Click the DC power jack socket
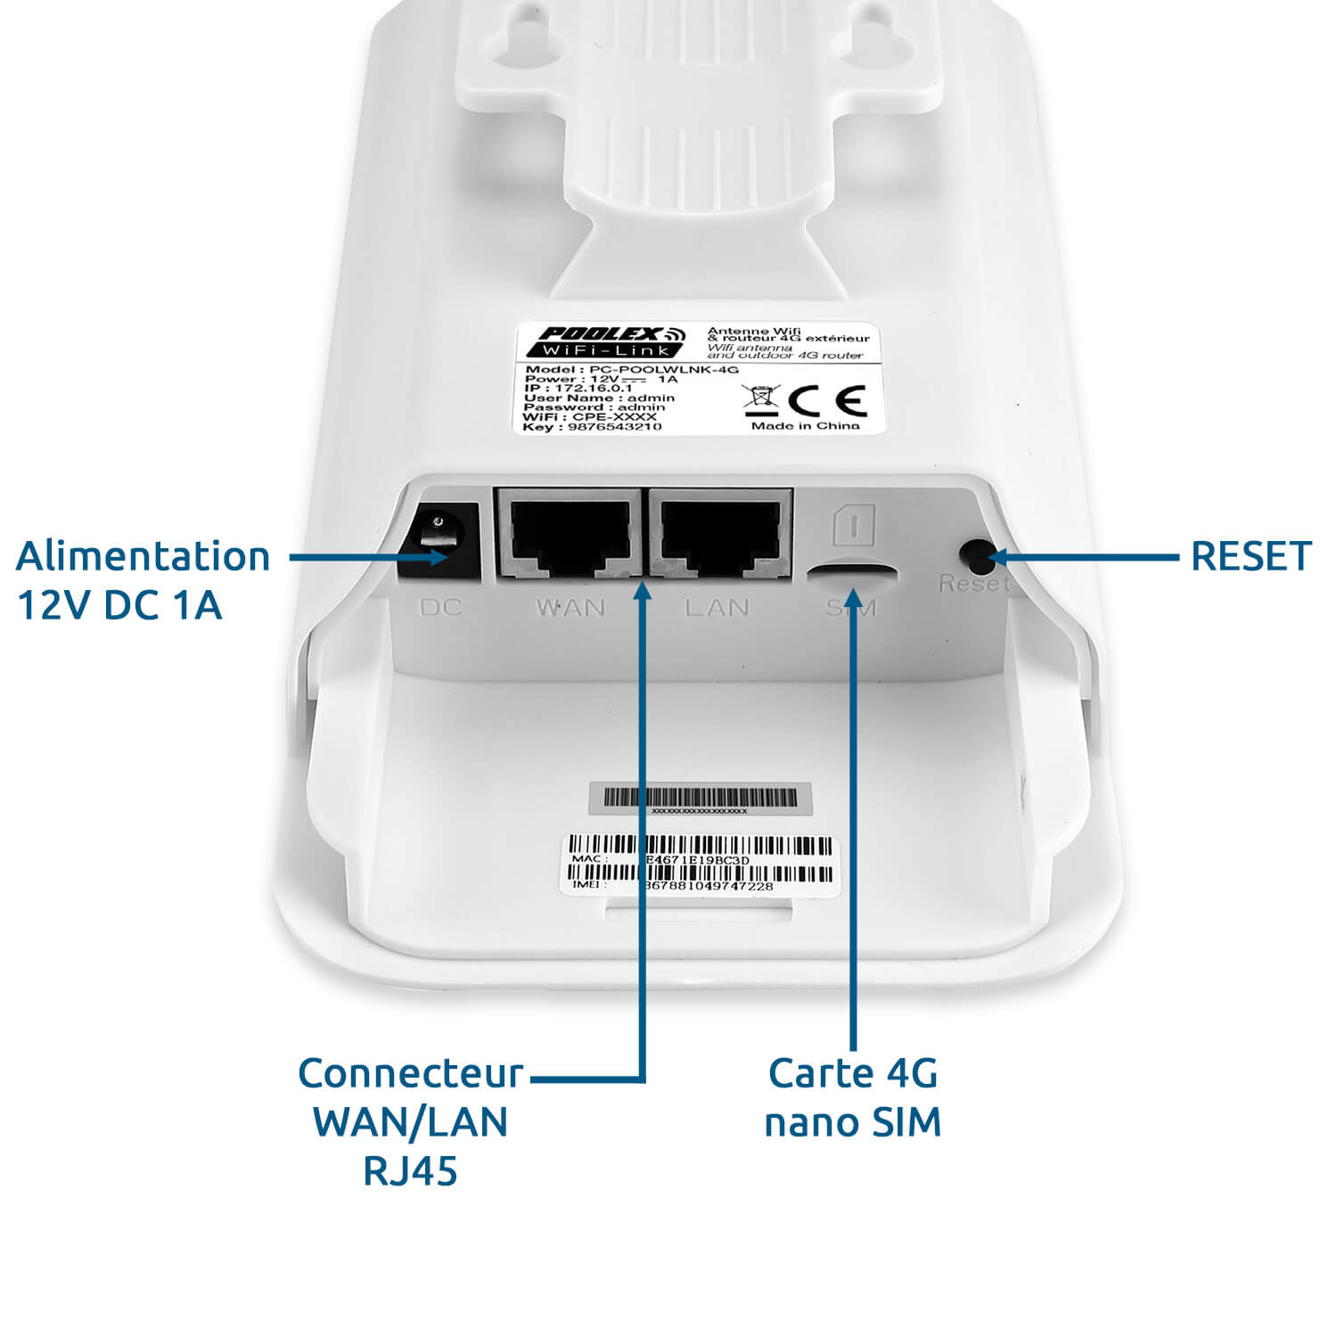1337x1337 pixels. click(439, 541)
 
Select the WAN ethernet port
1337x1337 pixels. click(569, 535)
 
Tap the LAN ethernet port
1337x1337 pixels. click(719, 535)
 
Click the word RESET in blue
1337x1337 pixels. click(1251, 555)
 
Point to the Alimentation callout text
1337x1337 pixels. click(143, 556)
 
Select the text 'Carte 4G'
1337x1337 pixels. click(853, 1073)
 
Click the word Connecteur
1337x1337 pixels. click(410, 1073)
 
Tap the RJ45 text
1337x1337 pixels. click(410, 1171)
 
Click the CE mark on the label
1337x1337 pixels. click(828, 402)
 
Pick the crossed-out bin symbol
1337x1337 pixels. click(761, 400)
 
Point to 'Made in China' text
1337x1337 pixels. click(805, 426)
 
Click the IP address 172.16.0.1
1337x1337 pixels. click(593, 389)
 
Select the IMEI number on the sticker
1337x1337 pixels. click(709, 886)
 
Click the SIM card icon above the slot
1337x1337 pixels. click(853, 525)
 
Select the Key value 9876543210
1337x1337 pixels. click(614, 427)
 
